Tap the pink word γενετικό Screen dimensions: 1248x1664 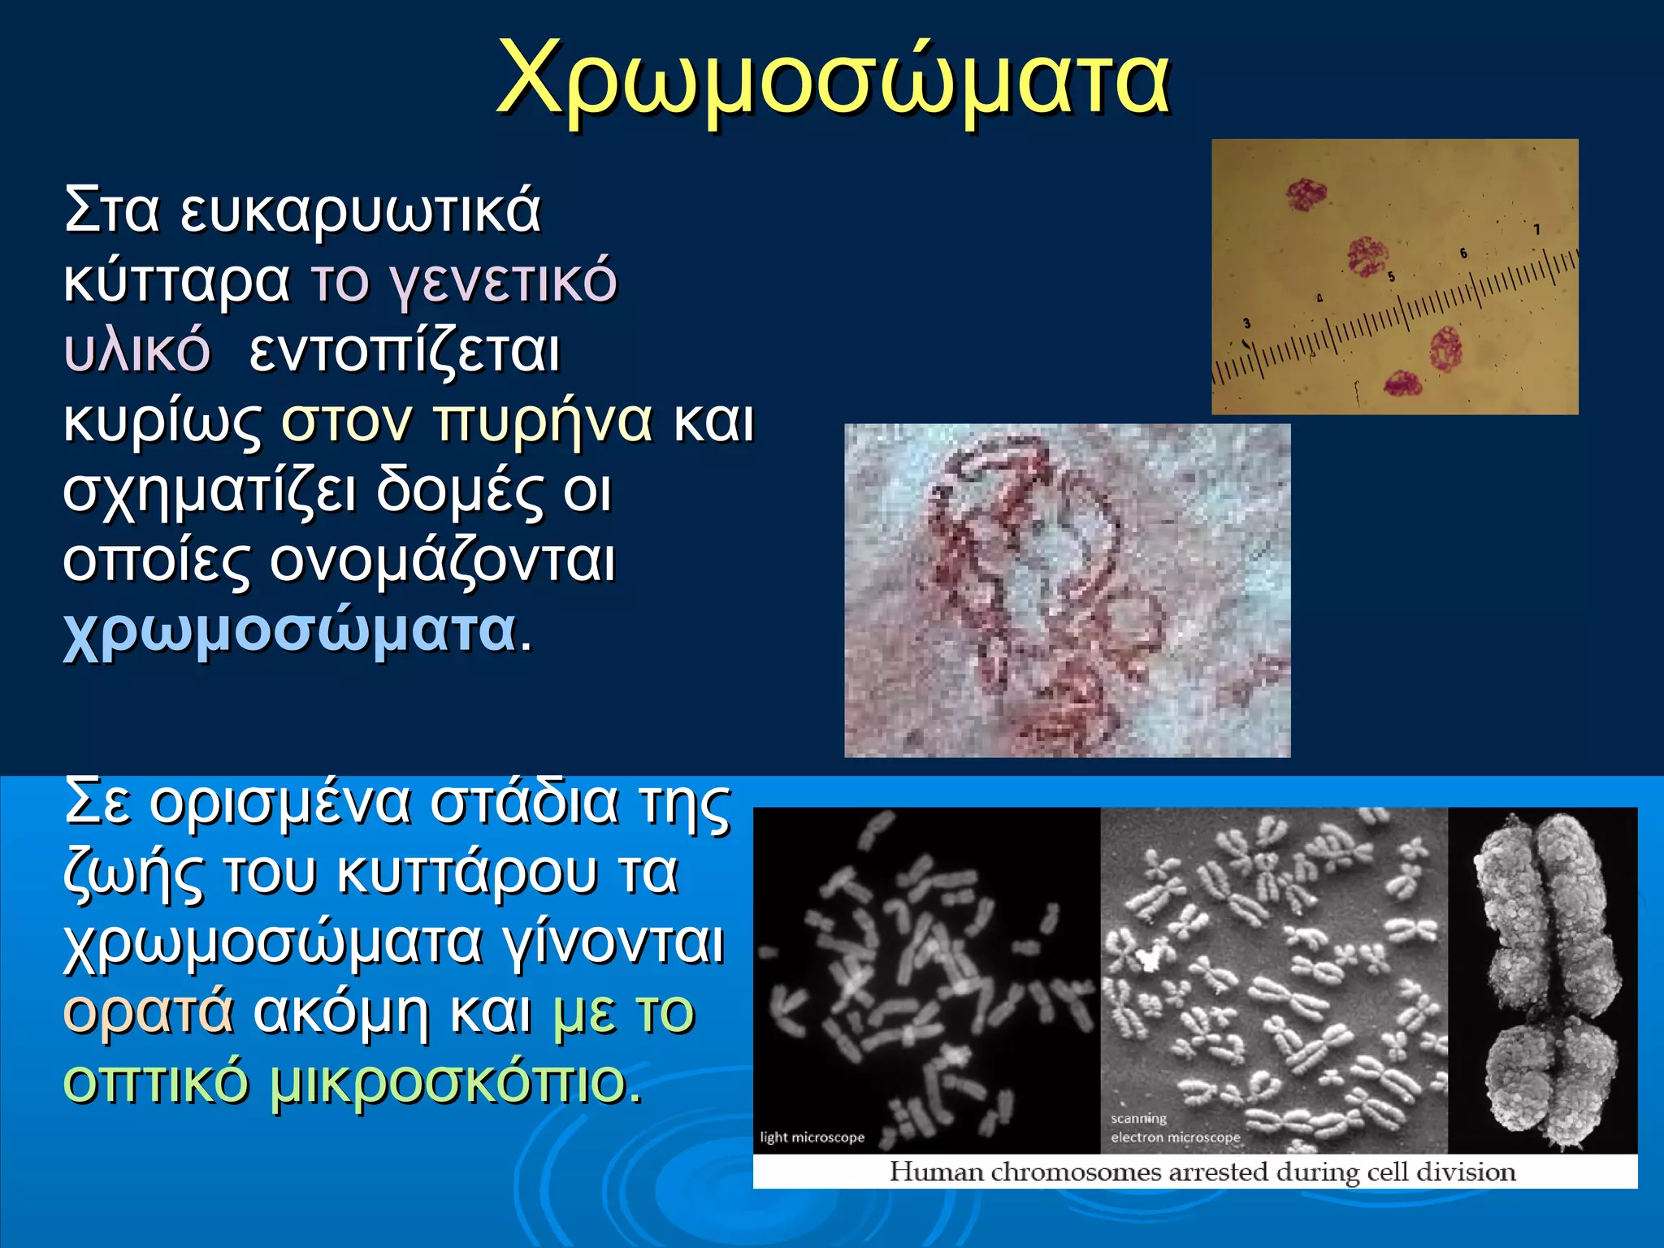coord(503,281)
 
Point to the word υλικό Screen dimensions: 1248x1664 coord(136,351)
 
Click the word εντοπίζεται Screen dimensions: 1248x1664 coord(405,351)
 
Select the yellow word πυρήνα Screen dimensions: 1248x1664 coord(543,421)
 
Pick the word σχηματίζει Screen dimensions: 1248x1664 coord(209,492)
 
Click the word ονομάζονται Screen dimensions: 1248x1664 coord(442,561)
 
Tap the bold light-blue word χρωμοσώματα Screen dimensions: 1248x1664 coord(289,631)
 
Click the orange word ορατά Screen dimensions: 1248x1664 coord(148,1012)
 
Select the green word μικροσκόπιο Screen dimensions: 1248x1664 coord(448,1082)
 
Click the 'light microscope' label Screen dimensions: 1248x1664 coord(812,1137)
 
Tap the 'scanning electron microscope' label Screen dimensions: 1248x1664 coord(1175,1129)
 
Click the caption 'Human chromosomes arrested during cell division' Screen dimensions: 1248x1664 coord(1202,1172)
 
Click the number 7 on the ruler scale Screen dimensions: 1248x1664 coord(1536,230)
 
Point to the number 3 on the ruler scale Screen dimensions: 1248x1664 coord(1246,324)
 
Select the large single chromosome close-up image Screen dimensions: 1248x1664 coord(1542,979)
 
